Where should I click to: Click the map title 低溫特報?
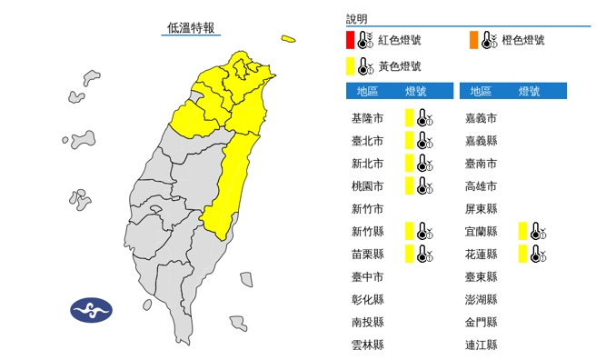click(192, 28)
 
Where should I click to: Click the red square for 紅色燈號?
click(351, 40)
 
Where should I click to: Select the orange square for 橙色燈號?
click(473, 40)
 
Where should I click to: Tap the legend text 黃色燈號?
click(399, 66)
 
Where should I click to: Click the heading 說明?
click(357, 18)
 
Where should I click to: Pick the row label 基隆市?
click(367, 118)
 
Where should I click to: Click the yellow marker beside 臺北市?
click(410, 140)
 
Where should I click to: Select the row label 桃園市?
click(367, 186)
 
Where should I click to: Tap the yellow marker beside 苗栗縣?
click(410, 255)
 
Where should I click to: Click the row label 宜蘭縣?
click(481, 232)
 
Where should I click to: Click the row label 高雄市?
click(481, 186)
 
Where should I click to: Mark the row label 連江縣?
click(481, 345)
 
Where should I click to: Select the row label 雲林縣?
click(367, 345)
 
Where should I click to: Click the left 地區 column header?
click(367, 91)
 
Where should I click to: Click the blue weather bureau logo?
click(91, 310)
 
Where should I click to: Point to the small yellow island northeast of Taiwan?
click(288, 39)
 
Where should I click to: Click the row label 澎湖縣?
click(481, 299)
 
